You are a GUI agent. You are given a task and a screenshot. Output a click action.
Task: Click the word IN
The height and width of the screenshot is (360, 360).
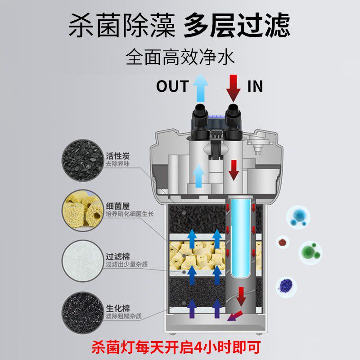point(255,86)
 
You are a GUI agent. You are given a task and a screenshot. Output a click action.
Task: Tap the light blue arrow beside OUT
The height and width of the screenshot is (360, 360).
point(199,88)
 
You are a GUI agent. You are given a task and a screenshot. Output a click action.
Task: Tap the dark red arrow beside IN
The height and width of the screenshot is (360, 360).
point(233,88)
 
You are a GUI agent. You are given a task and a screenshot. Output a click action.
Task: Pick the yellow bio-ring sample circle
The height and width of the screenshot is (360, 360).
point(82,210)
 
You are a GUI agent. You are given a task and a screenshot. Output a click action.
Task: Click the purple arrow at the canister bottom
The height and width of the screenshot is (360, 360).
point(234,317)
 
